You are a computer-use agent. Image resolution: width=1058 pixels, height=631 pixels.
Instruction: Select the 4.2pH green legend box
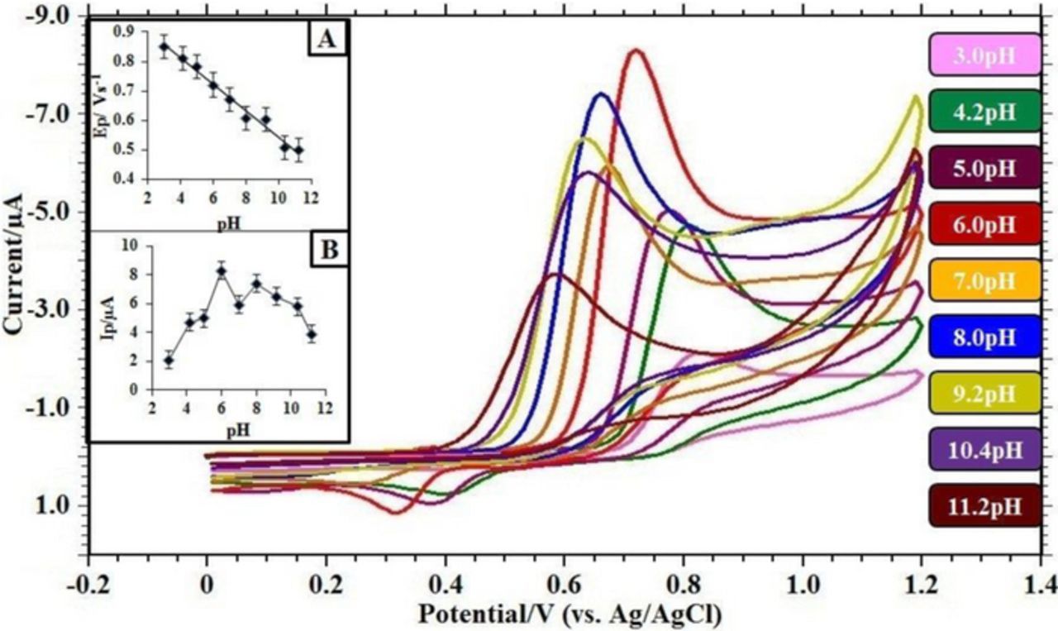point(984,112)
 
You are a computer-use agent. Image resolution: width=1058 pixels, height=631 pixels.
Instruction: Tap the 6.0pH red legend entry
point(984,225)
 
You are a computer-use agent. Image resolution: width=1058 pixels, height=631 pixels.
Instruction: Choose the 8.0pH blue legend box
point(984,337)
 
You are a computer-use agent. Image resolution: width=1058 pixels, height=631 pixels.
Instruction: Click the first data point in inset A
point(164,46)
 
